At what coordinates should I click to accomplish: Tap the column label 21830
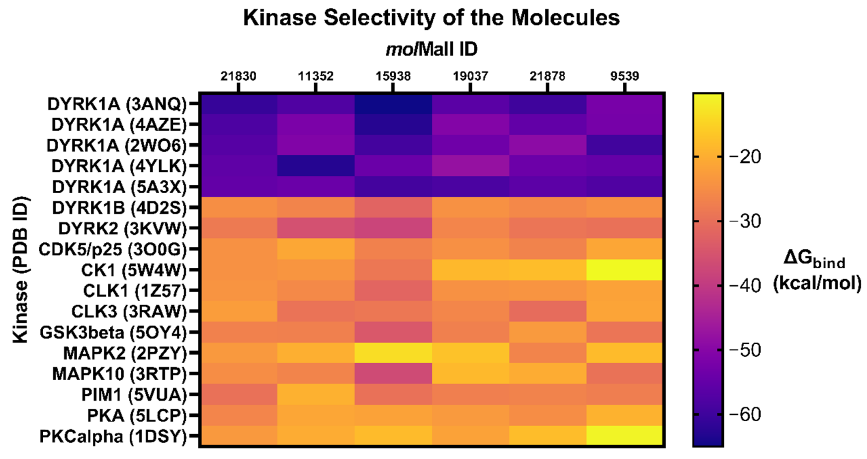238,76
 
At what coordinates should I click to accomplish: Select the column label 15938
393,76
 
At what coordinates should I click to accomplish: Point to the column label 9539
625,76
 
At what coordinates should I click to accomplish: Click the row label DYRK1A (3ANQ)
117,104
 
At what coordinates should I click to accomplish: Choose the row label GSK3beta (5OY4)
113,333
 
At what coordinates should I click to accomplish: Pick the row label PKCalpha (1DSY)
113,436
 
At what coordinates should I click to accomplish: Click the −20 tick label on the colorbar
744,157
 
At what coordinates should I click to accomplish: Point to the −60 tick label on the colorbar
744,415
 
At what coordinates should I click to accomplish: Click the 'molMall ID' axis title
432,49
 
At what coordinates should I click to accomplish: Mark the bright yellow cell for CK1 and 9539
625,270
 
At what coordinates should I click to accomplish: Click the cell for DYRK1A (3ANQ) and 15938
393,104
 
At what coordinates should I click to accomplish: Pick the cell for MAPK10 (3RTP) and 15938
393,374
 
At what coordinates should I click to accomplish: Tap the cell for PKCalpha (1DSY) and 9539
625,436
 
